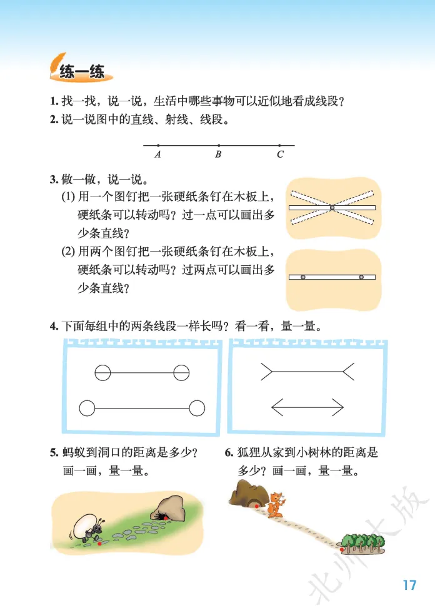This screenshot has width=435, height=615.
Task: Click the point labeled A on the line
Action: point(158,146)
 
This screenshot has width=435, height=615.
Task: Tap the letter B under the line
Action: point(218,155)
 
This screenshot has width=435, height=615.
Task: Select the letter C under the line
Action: point(280,155)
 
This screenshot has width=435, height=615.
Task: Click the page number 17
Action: point(409,585)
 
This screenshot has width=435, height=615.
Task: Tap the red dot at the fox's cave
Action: point(257,506)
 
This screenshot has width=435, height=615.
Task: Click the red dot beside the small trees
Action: point(342,550)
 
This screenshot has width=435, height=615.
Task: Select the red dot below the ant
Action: point(99,544)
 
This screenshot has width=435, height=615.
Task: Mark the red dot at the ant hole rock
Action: point(166,518)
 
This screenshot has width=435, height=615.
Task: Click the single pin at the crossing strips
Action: point(332,208)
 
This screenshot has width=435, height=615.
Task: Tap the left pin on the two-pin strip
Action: point(303,277)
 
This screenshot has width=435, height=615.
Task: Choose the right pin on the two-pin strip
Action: point(361,277)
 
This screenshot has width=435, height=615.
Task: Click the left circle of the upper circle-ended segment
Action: point(102,365)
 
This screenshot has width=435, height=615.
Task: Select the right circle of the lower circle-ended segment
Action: point(197,400)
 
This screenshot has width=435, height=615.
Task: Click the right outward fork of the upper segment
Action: point(349,372)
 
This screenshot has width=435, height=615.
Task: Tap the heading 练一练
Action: point(82,72)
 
